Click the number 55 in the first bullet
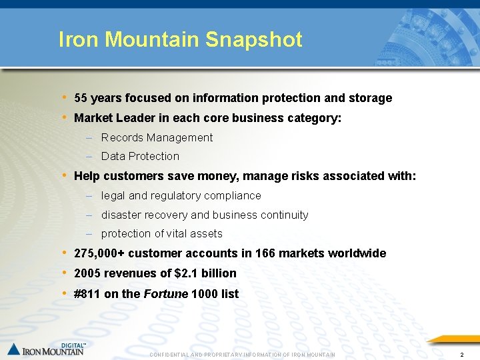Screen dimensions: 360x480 pyautogui.click(x=81, y=98)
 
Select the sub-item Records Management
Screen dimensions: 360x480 pyautogui.click(x=157, y=137)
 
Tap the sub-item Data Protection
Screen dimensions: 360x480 pyautogui.click(x=140, y=156)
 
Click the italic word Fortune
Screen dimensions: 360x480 pyautogui.click(x=165, y=294)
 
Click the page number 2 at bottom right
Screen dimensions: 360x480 pyautogui.click(x=461, y=354)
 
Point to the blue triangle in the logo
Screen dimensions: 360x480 pyautogui.click(x=14, y=349)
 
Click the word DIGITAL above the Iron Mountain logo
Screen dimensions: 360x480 pyautogui.click(x=72, y=345)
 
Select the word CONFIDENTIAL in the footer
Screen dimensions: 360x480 pyautogui.click(x=172, y=355)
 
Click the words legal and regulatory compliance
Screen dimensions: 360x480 pyautogui.click(x=181, y=195)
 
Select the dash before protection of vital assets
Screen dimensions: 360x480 pyautogui.click(x=89, y=234)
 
